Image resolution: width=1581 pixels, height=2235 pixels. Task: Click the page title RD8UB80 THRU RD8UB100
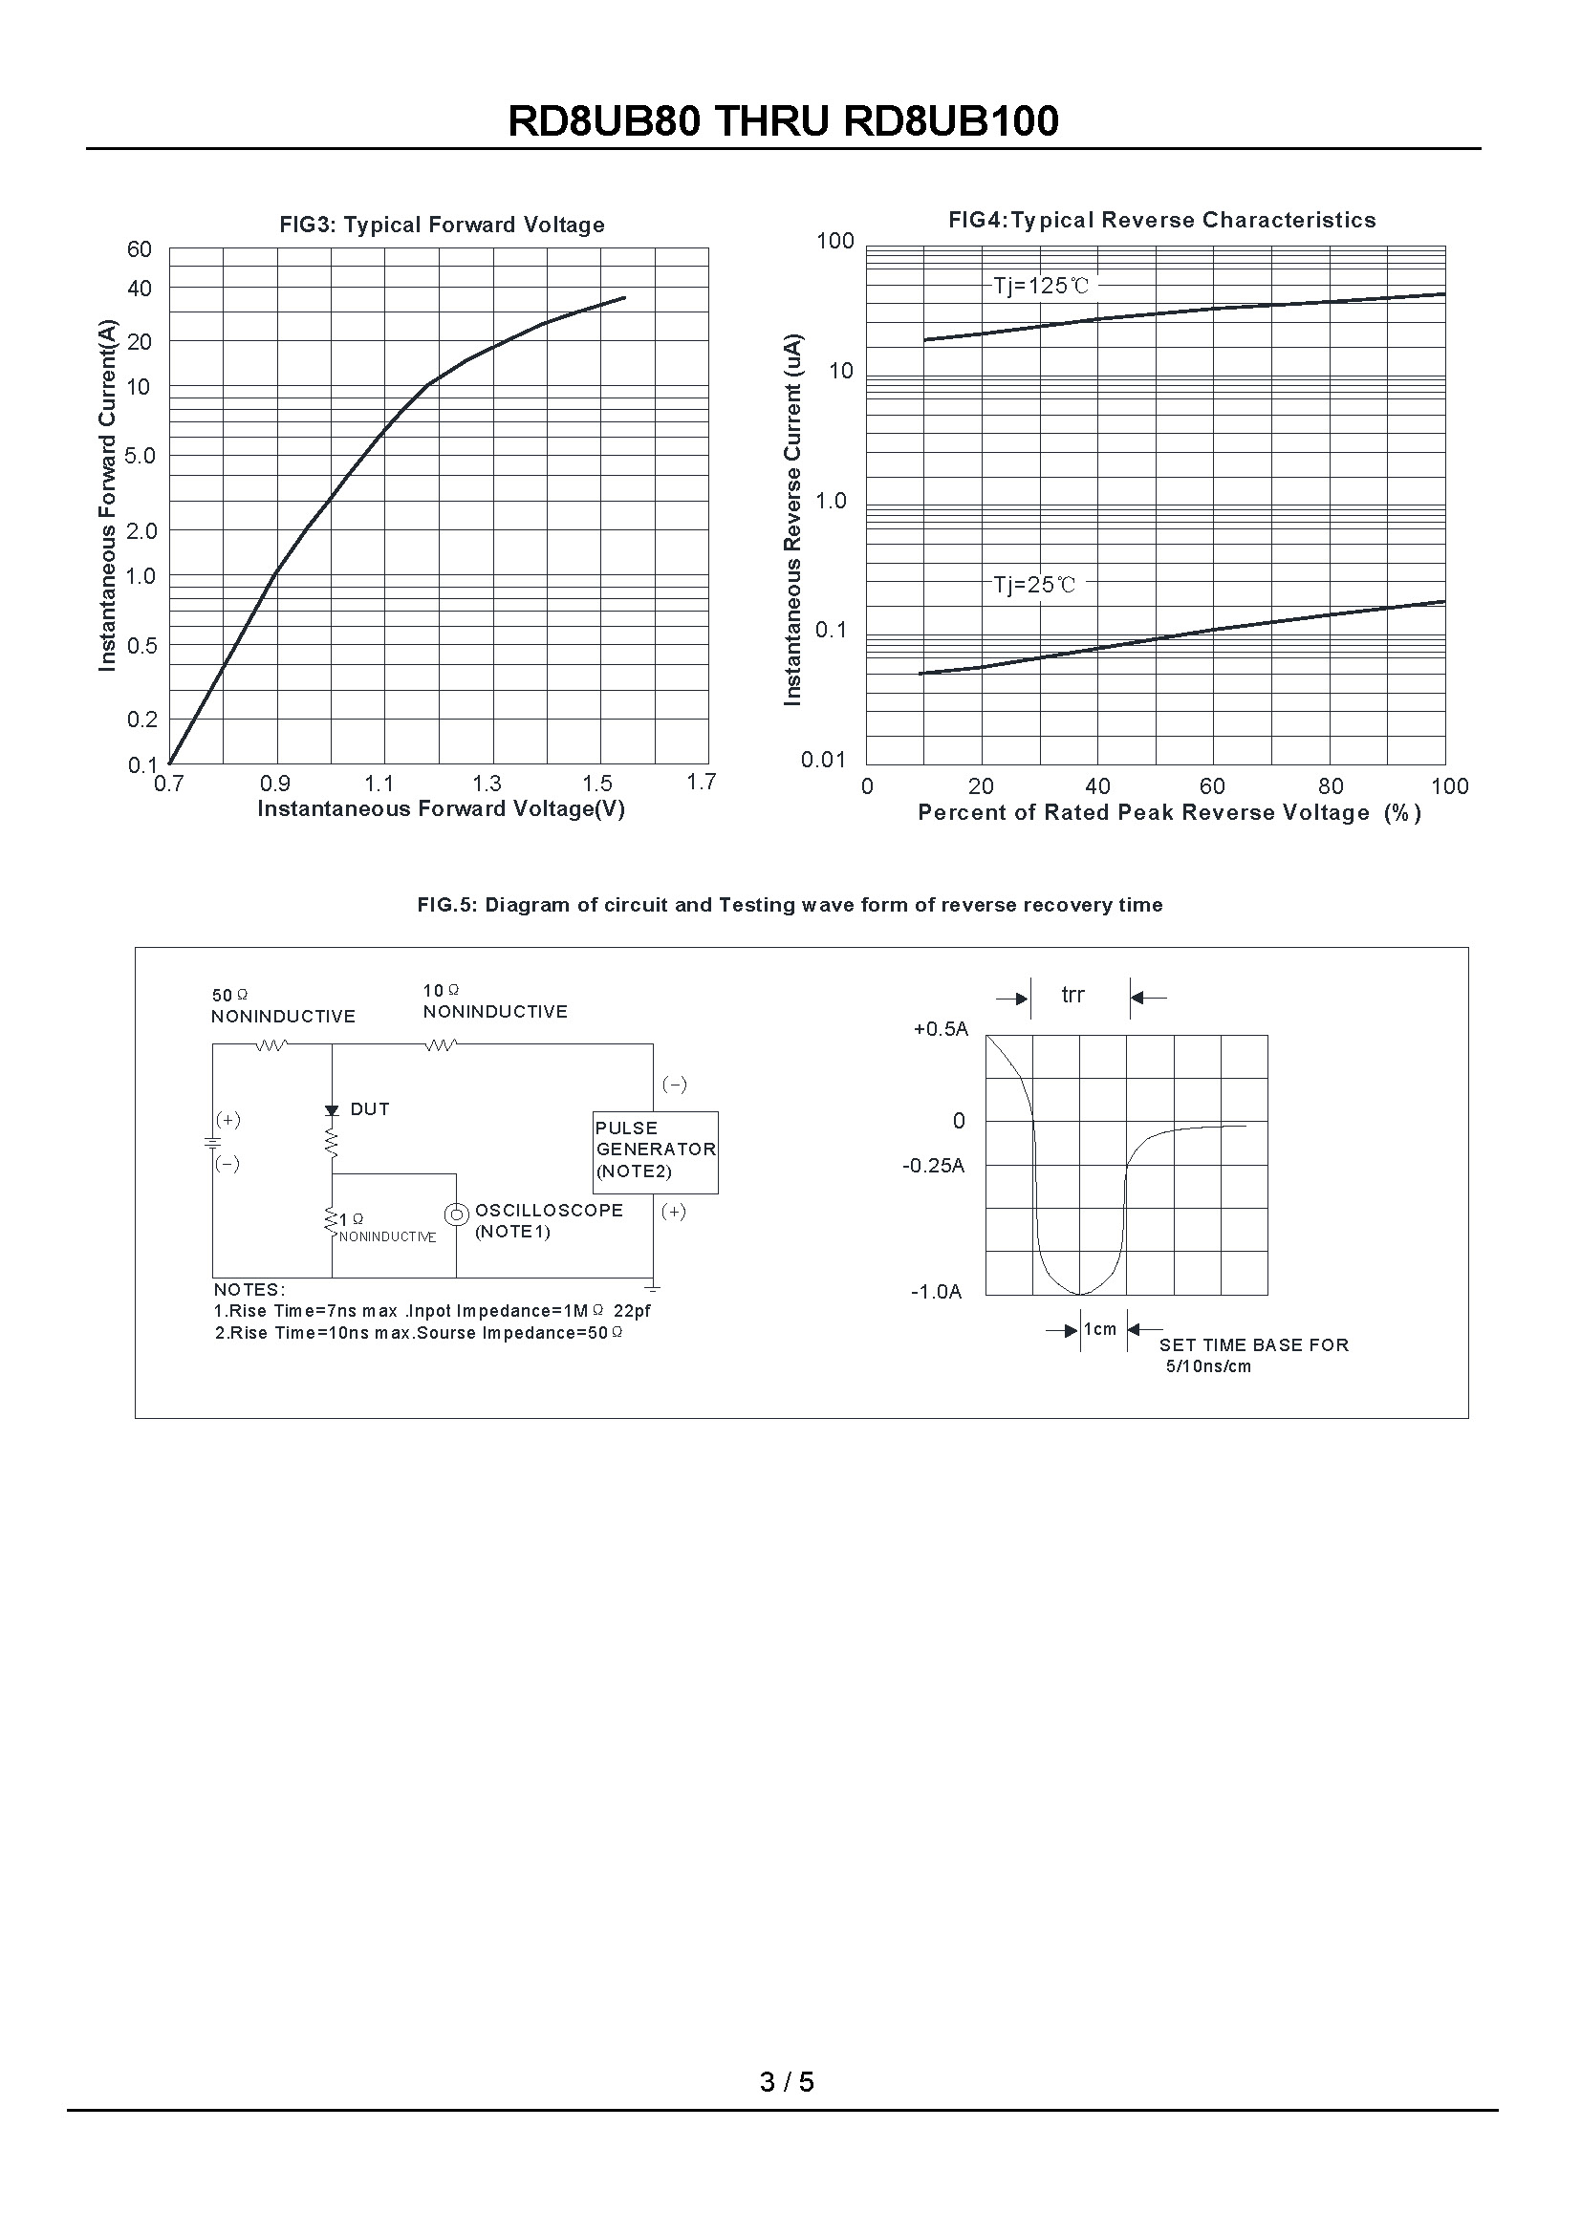click(783, 121)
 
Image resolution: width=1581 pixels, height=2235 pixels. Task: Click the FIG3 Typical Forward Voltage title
click(442, 225)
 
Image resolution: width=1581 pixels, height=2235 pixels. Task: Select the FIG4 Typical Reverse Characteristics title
click(1162, 220)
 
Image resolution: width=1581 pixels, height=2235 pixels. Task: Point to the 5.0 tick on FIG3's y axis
click(141, 456)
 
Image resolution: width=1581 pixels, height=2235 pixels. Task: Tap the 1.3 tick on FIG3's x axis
click(487, 784)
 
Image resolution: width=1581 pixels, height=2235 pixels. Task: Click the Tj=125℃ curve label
click(1041, 287)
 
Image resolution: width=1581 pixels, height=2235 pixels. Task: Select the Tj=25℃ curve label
click(1035, 585)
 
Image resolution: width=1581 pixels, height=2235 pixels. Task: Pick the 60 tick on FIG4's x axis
click(1212, 786)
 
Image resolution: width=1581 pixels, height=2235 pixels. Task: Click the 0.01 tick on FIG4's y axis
click(824, 761)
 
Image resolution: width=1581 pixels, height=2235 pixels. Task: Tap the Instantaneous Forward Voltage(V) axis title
click(441, 809)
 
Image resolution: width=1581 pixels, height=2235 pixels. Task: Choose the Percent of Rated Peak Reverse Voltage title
click(1169, 813)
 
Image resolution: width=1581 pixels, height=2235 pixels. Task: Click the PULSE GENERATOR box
click(655, 1151)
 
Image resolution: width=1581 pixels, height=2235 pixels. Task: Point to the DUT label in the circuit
click(370, 1109)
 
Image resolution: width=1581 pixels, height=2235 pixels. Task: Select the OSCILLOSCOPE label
click(548, 1211)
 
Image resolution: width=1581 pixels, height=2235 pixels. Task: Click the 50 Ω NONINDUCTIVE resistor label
click(282, 1006)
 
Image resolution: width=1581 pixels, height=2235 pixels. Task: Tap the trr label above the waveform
click(1072, 995)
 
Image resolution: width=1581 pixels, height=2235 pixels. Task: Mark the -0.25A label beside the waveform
click(934, 1166)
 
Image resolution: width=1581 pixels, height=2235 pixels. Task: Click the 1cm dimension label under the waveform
click(1100, 1330)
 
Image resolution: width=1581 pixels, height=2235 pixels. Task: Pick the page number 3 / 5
click(787, 2082)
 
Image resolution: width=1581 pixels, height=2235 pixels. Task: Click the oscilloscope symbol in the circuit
click(455, 1214)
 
